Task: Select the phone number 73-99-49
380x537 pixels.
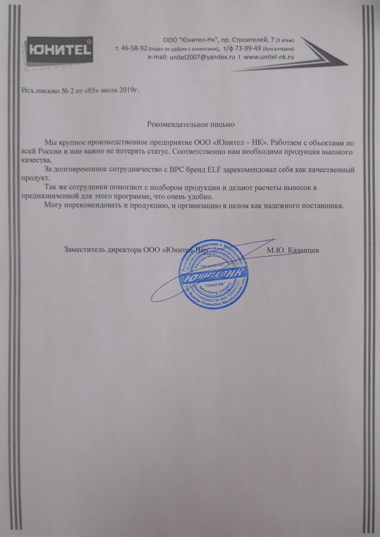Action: [x=248, y=49]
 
